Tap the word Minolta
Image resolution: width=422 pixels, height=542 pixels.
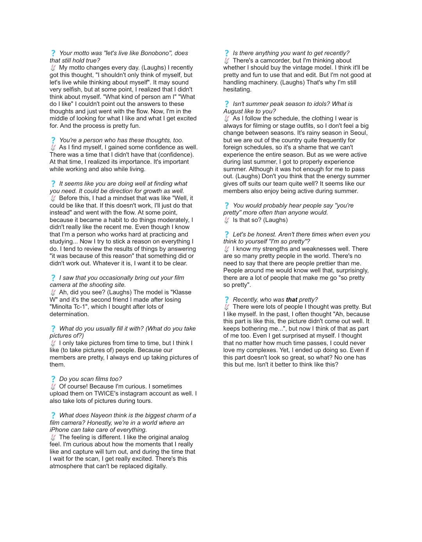pyautogui.click(x=62, y=307)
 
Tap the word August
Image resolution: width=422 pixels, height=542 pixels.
pyautogui.click(x=233, y=111)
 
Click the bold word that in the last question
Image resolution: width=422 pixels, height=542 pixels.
pyautogui.click(x=291, y=300)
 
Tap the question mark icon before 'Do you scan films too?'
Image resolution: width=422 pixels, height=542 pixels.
pyautogui.click(x=53, y=379)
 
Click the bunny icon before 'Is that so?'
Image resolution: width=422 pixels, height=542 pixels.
pyautogui.click(x=227, y=220)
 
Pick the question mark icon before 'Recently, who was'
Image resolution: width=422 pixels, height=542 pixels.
pyautogui.click(x=227, y=300)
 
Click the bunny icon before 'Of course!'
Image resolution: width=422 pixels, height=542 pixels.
pyautogui.click(x=53, y=386)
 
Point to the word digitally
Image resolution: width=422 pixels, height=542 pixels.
pyautogui.click(x=152, y=466)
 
